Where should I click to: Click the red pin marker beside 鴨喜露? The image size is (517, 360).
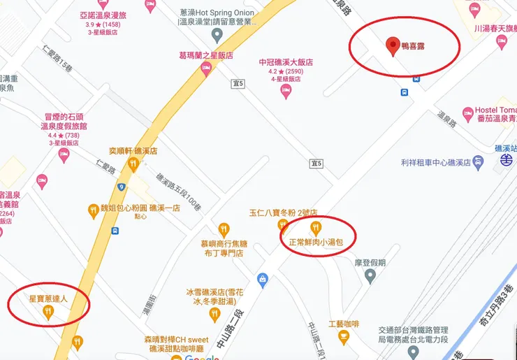click(391, 47)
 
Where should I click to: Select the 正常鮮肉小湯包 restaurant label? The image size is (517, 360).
click(319, 243)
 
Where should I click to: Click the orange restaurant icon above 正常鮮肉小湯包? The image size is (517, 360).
click(316, 226)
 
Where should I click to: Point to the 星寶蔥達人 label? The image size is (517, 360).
click(48, 297)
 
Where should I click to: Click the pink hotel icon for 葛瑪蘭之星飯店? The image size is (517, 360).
click(205, 68)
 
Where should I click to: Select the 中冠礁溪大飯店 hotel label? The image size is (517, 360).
click(286, 62)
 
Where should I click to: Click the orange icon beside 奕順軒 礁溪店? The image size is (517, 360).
click(133, 164)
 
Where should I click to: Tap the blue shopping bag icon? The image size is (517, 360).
click(262, 278)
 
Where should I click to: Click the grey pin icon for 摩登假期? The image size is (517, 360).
click(370, 278)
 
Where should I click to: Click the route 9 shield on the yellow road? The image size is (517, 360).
click(121, 187)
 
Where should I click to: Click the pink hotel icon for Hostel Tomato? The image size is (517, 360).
click(468, 113)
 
